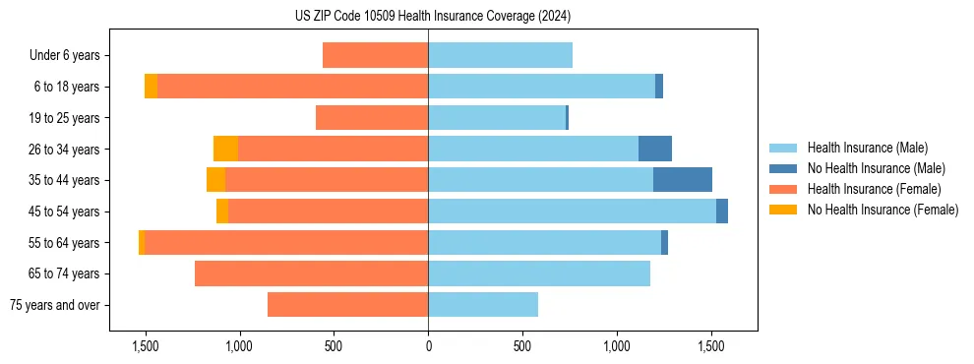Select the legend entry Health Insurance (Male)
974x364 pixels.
pyautogui.click(x=867, y=148)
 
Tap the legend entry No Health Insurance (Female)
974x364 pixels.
pyautogui.click(x=883, y=210)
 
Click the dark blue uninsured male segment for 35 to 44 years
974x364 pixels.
pyautogui.click(x=682, y=180)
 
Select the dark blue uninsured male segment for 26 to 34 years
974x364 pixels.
pyautogui.click(x=654, y=149)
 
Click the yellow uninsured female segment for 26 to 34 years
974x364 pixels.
pyautogui.click(x=225, y=149)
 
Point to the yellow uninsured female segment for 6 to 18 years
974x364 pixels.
pyautogui.click(x=151, y=87)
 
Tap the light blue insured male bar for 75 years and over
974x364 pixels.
pyautogui.click(x=483, y=305)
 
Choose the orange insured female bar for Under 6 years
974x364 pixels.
pyautogui.click(x=375, y=55)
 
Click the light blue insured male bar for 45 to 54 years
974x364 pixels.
pyautogui.click(x=572, y=212)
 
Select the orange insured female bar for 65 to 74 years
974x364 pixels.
pyautogui.click(x=311, y=273)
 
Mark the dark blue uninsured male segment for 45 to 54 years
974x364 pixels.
pyautogui.click(x=721, y=212)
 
